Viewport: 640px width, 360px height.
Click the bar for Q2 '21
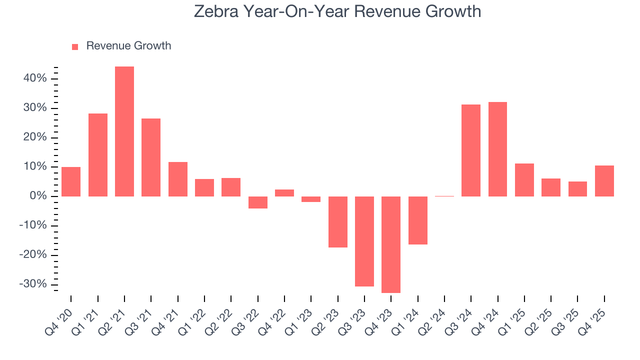tap(124, 131)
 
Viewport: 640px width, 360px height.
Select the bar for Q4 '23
tap(391, 244)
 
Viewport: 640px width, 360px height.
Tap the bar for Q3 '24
tap(471, 150)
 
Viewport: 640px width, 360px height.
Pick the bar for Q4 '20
tap(71, 181)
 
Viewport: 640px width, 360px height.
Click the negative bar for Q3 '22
tap(258, 202)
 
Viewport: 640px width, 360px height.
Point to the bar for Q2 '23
tap(338, 222)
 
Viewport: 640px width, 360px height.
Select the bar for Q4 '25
tap(604, 181)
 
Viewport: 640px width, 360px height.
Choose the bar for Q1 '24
tap(418, 220)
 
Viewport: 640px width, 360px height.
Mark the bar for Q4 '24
tap(497, 149)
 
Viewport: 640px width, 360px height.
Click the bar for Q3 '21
tap(151, 157)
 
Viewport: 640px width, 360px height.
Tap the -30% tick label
tap(34, 284)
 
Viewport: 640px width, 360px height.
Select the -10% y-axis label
tap(34, 225)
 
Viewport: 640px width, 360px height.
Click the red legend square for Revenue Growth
tap(75, 46)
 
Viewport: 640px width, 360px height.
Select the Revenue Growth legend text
tap(128, 46)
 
